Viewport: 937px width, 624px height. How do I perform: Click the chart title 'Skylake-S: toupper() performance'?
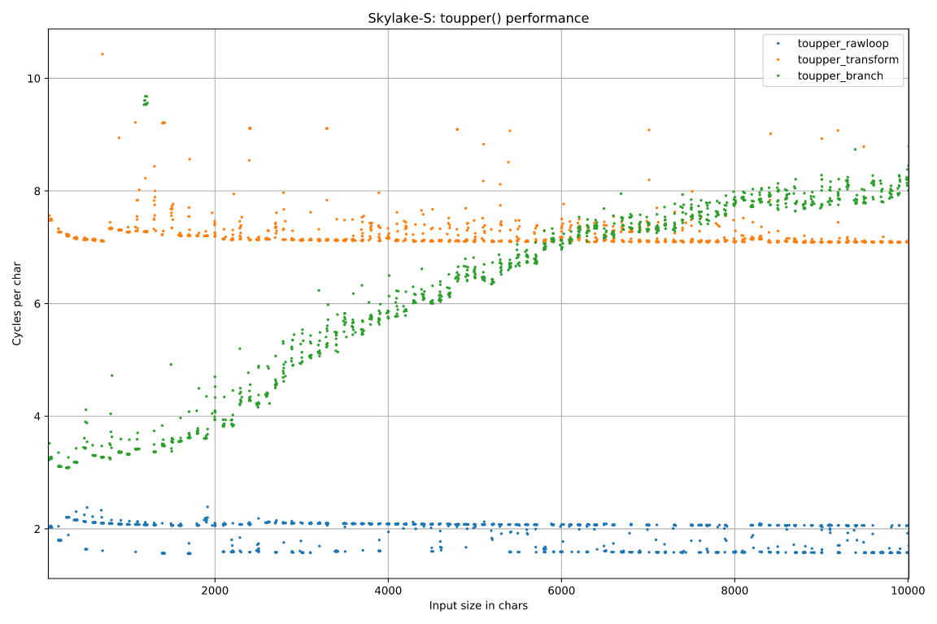coord(478,18)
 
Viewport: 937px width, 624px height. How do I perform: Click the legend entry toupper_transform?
coord(848,60)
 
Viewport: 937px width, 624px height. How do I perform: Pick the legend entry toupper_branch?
coord(839,76)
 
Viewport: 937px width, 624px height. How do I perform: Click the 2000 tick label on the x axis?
coord(215,591)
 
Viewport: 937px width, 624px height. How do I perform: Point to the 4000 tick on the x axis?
coord(388,591)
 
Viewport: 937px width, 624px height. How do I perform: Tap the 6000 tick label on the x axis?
coord(561,591)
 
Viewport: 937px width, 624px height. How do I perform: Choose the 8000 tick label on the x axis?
coord(734,591)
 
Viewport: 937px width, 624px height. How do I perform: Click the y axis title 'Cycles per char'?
coord(17,304)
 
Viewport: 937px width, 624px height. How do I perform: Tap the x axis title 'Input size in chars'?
coord(478,606)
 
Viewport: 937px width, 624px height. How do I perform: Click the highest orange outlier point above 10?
coord(102,54)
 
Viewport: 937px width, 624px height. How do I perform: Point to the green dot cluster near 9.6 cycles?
coord(146,100)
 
